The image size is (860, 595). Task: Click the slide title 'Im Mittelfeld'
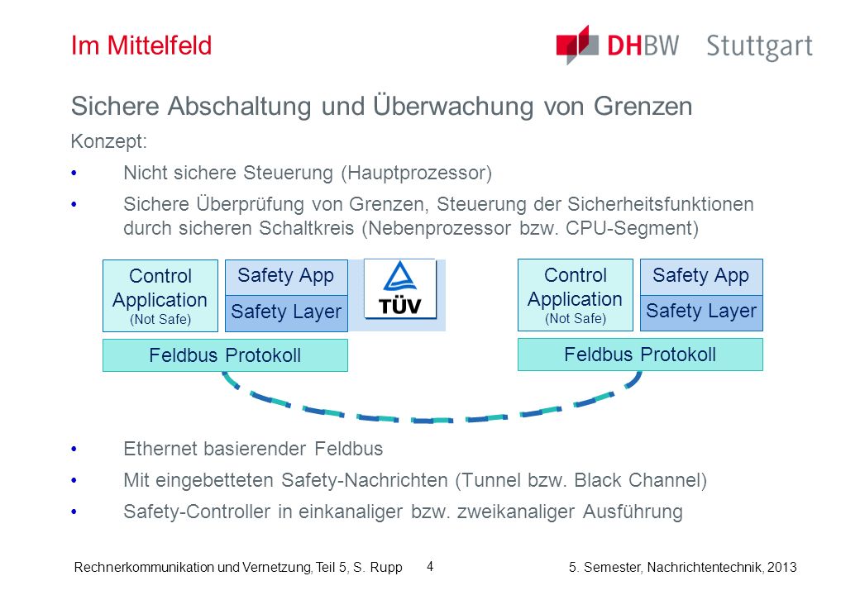[141, 45]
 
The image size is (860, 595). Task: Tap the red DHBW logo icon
[577, 45]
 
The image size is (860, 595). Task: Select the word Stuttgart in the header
[759, 47]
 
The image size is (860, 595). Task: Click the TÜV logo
[400, 289]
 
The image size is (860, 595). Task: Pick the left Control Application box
[160, 296]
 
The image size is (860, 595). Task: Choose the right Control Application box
[576, 295]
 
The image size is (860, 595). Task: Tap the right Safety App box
[701, 276]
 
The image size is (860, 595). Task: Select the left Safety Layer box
[286, 313]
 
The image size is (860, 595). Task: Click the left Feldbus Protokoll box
[225, 355]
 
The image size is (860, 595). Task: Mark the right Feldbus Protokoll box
[640, 355]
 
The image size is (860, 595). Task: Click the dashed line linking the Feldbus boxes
[432, 421]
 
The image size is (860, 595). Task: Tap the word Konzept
[108, 142]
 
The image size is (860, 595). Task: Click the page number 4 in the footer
[430, 566]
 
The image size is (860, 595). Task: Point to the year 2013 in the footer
[781, 567]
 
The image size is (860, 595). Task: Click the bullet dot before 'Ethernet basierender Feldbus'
[74, 450]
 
